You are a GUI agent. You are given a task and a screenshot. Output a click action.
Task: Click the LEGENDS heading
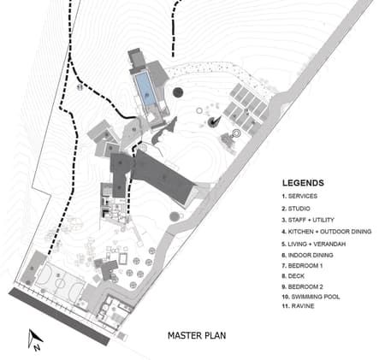pyautogui.click(x=303, y=183)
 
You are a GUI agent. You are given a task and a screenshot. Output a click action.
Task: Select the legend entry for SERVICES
pyautogui.click(x=299, y=196)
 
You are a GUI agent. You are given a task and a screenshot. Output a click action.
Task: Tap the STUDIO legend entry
pyautogui.click(x=296, y=209)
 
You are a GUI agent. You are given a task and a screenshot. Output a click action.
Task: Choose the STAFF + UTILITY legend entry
pyautogui.click(x=308, y=220)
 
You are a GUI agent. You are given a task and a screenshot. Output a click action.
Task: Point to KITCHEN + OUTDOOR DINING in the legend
pyautogui.click(x=327, y=232)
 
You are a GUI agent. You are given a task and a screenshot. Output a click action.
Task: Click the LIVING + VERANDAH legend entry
pyautogui.click(x=314, y=244)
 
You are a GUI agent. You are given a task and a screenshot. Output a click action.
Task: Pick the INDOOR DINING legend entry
pyautogui.click(x=307, y=255)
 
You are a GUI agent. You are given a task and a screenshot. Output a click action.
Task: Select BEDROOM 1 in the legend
pyautogui.click(x=302, y=266)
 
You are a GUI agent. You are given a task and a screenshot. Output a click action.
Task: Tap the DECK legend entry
pyautogui.click(x=293, y=276)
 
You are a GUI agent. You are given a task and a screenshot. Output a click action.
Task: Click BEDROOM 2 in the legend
pyautogui.click(x=303, y=286)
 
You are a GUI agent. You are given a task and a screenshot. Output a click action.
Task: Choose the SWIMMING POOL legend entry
pyautogui.click(x=311, y=297)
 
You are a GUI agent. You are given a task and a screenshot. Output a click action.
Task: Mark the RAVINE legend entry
pyautogui.click(x=298, y=306)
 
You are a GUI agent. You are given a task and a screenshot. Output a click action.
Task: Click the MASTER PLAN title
pyautogui.click(x=197, y=335)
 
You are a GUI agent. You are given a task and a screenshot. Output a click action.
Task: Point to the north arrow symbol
pyautogui.click(x=35, y=339)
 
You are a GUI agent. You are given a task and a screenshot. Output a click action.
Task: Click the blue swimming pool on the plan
pyautogui.click(x=145, y=89)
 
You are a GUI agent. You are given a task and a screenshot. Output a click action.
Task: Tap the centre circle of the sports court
pyautogui.click(x=60, y=283)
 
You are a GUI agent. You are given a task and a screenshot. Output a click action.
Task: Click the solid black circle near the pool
pyautogui.click(x=178, y=92)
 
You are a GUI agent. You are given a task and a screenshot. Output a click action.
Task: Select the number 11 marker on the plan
pyautogui.click(x=80, y=87)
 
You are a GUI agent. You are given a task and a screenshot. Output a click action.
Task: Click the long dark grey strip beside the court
pyautogui.click(x=59, y=316)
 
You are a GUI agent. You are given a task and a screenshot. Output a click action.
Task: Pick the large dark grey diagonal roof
pyautogui.click(x=163, y=176)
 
